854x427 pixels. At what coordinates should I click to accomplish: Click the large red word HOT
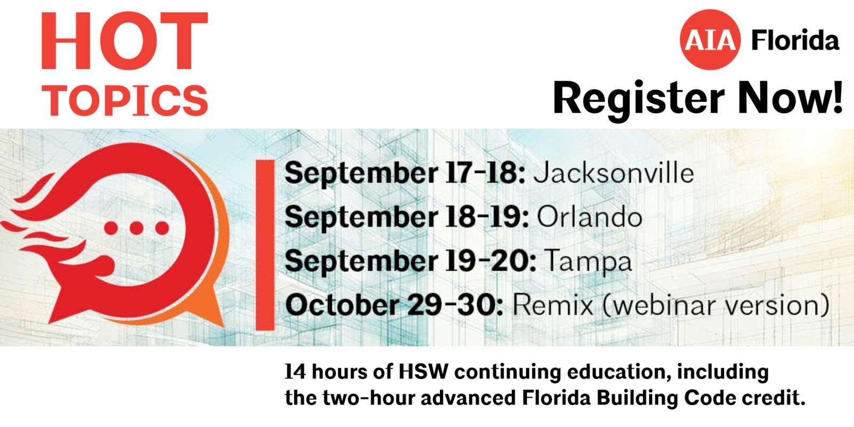coord(124,41)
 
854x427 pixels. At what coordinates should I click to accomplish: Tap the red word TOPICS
coord(125,100)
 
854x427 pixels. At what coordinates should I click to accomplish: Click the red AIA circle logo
coord(710,39)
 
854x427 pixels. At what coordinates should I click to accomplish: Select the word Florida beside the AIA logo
coord(795,40)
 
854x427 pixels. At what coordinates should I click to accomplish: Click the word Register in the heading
coord(638,100)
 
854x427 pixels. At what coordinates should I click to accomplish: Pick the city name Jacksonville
coord(613,173)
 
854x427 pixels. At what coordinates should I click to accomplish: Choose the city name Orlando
coord(589,217)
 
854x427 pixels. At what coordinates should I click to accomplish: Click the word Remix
coord(553,305)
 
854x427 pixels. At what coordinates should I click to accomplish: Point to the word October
coord(342,305)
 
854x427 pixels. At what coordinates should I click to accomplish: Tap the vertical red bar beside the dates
coord(265,245)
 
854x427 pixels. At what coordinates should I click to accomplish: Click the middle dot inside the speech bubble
coord(136,228)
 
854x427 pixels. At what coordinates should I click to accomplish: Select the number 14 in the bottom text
coord(295,371)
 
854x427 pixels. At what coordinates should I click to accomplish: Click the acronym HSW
coord(423,371)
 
